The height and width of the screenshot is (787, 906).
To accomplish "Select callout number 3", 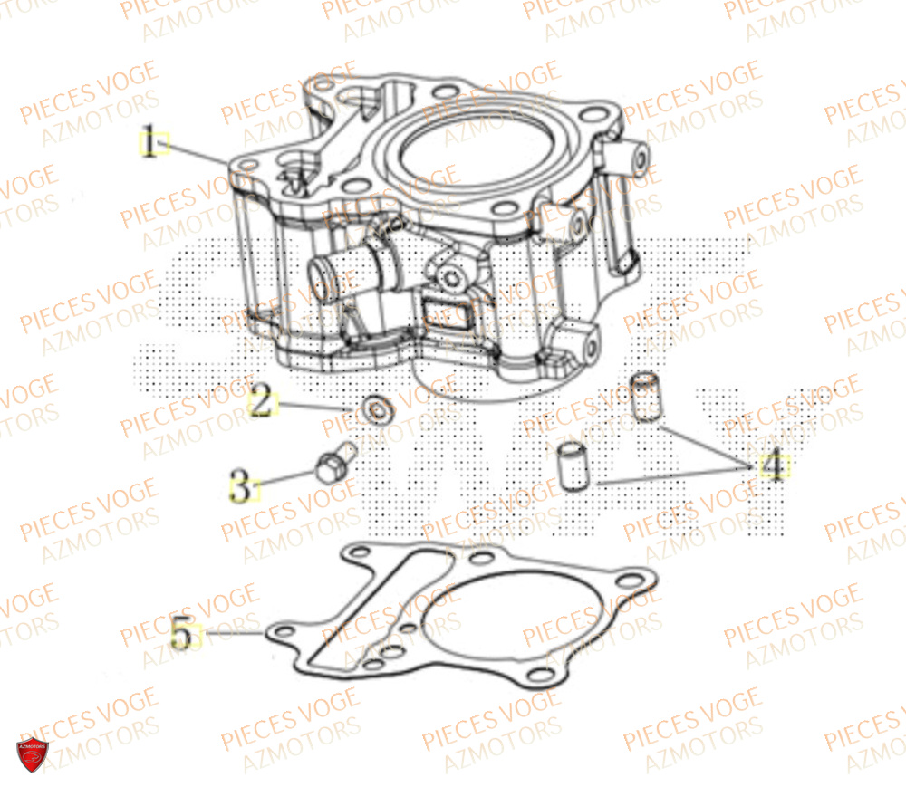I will point(241,487).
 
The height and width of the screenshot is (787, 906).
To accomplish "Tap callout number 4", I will point(772,466).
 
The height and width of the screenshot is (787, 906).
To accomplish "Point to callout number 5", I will point(182,632).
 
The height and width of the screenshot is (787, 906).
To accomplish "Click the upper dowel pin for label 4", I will point(644,395).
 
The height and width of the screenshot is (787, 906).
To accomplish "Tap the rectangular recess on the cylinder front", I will point(450,312).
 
